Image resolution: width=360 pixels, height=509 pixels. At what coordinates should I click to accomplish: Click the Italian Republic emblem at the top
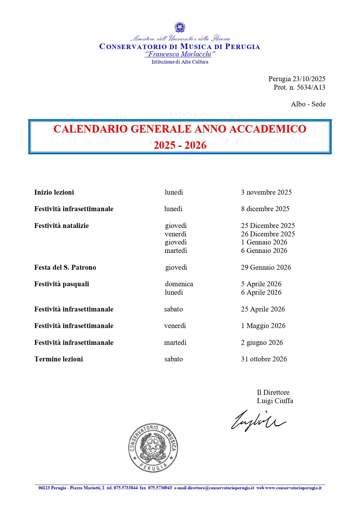point(180,28)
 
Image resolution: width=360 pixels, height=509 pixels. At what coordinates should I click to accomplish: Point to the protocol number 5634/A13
point(311,87)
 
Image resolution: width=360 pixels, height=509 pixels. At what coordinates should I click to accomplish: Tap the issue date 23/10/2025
point(309,79)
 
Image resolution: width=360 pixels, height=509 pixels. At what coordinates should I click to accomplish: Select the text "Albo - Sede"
point(308,104)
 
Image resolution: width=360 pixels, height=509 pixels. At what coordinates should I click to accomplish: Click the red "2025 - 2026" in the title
point(180,145)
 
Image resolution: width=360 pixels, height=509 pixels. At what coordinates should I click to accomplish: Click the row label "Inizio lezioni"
point(54,192)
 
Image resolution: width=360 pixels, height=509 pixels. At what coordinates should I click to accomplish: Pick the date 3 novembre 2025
point(266,192)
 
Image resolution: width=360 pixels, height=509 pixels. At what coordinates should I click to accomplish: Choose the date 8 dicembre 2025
point(265,209)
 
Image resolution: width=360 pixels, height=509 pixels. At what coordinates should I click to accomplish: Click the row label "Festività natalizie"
point(61,226)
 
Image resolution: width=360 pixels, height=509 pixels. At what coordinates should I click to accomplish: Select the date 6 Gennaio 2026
point(264,251)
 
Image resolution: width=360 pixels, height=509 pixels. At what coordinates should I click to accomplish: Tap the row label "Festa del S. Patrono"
point(65,267)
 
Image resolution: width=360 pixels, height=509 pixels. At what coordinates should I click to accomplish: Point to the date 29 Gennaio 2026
point(266,267)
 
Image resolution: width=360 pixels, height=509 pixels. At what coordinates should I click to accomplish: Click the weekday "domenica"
point(179,284)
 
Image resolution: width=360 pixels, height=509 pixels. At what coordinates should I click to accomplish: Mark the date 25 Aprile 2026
point(263,309)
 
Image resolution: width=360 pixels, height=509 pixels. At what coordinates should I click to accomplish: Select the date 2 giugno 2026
point(262,343)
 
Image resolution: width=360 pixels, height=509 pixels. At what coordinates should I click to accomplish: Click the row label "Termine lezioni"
point(59,359)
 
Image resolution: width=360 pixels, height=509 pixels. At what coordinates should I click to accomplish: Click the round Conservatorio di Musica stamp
point(153,448)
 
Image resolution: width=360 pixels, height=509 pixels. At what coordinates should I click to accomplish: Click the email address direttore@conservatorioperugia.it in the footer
point(220,488)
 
